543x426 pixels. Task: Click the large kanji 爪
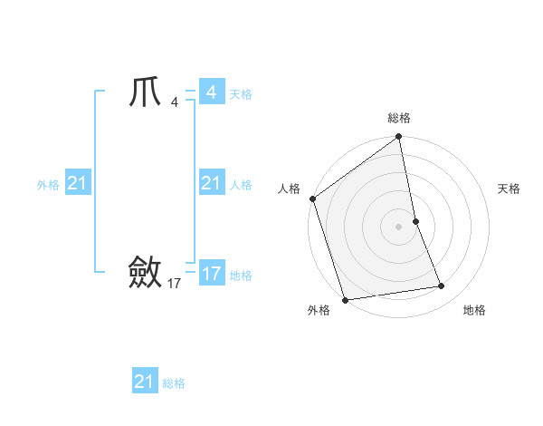click(x=147, y=92)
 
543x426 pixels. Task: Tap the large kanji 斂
click(x=146, y=272)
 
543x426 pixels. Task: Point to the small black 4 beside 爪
click(x=174, y=102)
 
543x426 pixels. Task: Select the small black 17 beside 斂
click(x=174, y=284)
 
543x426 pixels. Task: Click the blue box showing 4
click(x=211, y=92)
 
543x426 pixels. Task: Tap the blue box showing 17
click(x=211, y=273)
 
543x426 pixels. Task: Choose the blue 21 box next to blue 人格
click(x=211, y=184)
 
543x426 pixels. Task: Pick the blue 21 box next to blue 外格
click(x=77, y=184)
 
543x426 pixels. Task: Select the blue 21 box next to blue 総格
click(x=144, y=382)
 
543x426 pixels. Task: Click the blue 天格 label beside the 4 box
click(x=241, y=94)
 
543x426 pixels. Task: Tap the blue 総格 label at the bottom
click(x=174, y=383)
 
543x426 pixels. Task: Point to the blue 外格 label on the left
click(x=48, y=185)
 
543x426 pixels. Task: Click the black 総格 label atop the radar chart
click(x=398, y=118)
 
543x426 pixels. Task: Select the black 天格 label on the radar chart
click(x=509, y=189)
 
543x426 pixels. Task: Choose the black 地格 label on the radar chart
click(x=474, y=310)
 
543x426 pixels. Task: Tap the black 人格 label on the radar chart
click(x=289, y=189)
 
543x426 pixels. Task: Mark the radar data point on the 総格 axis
click(x=398, y=138)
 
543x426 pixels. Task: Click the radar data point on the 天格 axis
click(x=415, y=221)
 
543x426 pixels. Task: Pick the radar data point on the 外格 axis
click(x=345, y=299)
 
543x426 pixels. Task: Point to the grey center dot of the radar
click(x=398, y=227)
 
